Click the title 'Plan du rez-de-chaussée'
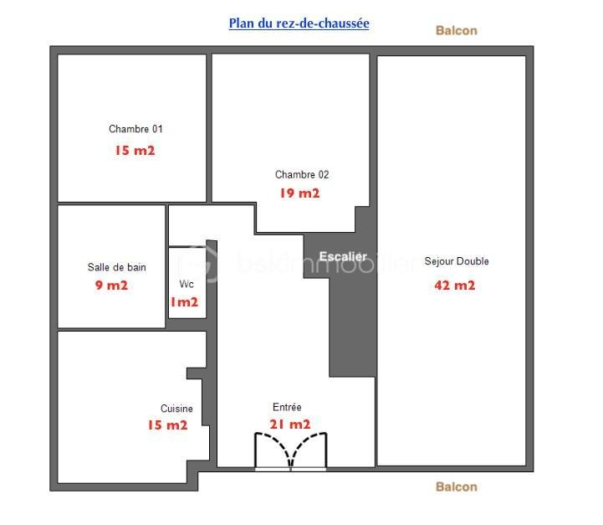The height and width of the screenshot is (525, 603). (x=299, y=23)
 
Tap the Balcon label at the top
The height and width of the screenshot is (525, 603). (x=456, y=30)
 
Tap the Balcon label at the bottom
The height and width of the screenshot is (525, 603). (x=456, y=486)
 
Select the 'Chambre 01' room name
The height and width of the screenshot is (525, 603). (x=135, y=129)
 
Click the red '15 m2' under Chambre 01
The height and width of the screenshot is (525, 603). (x=135, y=152)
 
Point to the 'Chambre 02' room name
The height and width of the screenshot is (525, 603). (x=302, y=175)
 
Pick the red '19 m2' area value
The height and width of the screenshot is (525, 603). (x=299, y=193)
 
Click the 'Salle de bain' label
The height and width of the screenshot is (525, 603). (x=116, y=267)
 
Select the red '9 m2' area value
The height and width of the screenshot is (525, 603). (x=112, y=286)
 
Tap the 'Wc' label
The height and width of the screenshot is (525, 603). (x=187, y=284)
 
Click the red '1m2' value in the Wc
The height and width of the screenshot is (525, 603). (x=184, y=302)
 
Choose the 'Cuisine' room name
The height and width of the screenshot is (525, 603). (x=176, y=409)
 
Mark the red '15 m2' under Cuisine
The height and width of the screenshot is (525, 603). (x=167, y=425)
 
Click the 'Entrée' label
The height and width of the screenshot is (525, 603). (x=287, y=407)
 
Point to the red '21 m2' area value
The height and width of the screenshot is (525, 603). (x=289, y=425)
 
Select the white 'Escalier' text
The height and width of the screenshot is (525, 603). (x=343, y=256)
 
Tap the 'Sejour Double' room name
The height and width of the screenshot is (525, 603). (x=456, y=261)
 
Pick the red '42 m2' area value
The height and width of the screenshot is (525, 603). (x=454, y=286)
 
